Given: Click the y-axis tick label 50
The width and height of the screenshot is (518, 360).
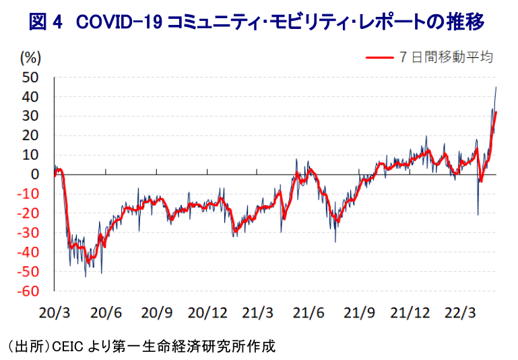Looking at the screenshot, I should click(x=30, y=78).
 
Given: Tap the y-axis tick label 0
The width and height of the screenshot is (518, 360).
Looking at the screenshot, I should click(x=34, y=175).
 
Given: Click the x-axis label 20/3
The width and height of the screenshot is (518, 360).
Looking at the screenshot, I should click(x=55, y=313).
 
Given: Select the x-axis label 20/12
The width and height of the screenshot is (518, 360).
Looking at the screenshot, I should click(x=207, y=313).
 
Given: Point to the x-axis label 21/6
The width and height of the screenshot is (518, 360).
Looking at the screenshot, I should click(x=309, y=313).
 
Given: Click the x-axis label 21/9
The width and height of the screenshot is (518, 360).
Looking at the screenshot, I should click(x=359, y=313).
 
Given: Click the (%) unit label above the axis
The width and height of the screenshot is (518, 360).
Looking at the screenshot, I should click(x=31, y=57).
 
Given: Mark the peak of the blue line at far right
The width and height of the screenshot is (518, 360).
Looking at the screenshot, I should click(x=496, y=87).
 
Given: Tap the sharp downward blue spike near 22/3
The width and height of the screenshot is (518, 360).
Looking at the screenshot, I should click(x=478, y=214).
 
